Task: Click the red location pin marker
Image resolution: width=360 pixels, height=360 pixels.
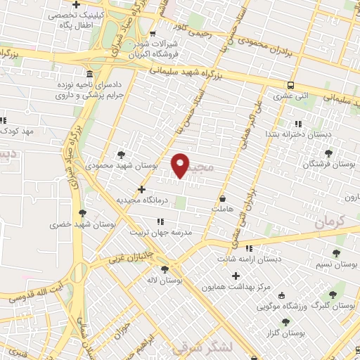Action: pos(181,165)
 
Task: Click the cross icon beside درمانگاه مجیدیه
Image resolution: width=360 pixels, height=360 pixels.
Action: pos(142,188)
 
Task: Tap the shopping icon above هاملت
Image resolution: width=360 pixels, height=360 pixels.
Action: pos(222,198)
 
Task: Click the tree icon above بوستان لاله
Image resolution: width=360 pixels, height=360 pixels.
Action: pos(165,269)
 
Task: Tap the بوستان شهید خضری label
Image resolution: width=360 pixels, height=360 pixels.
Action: pos(75,225)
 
